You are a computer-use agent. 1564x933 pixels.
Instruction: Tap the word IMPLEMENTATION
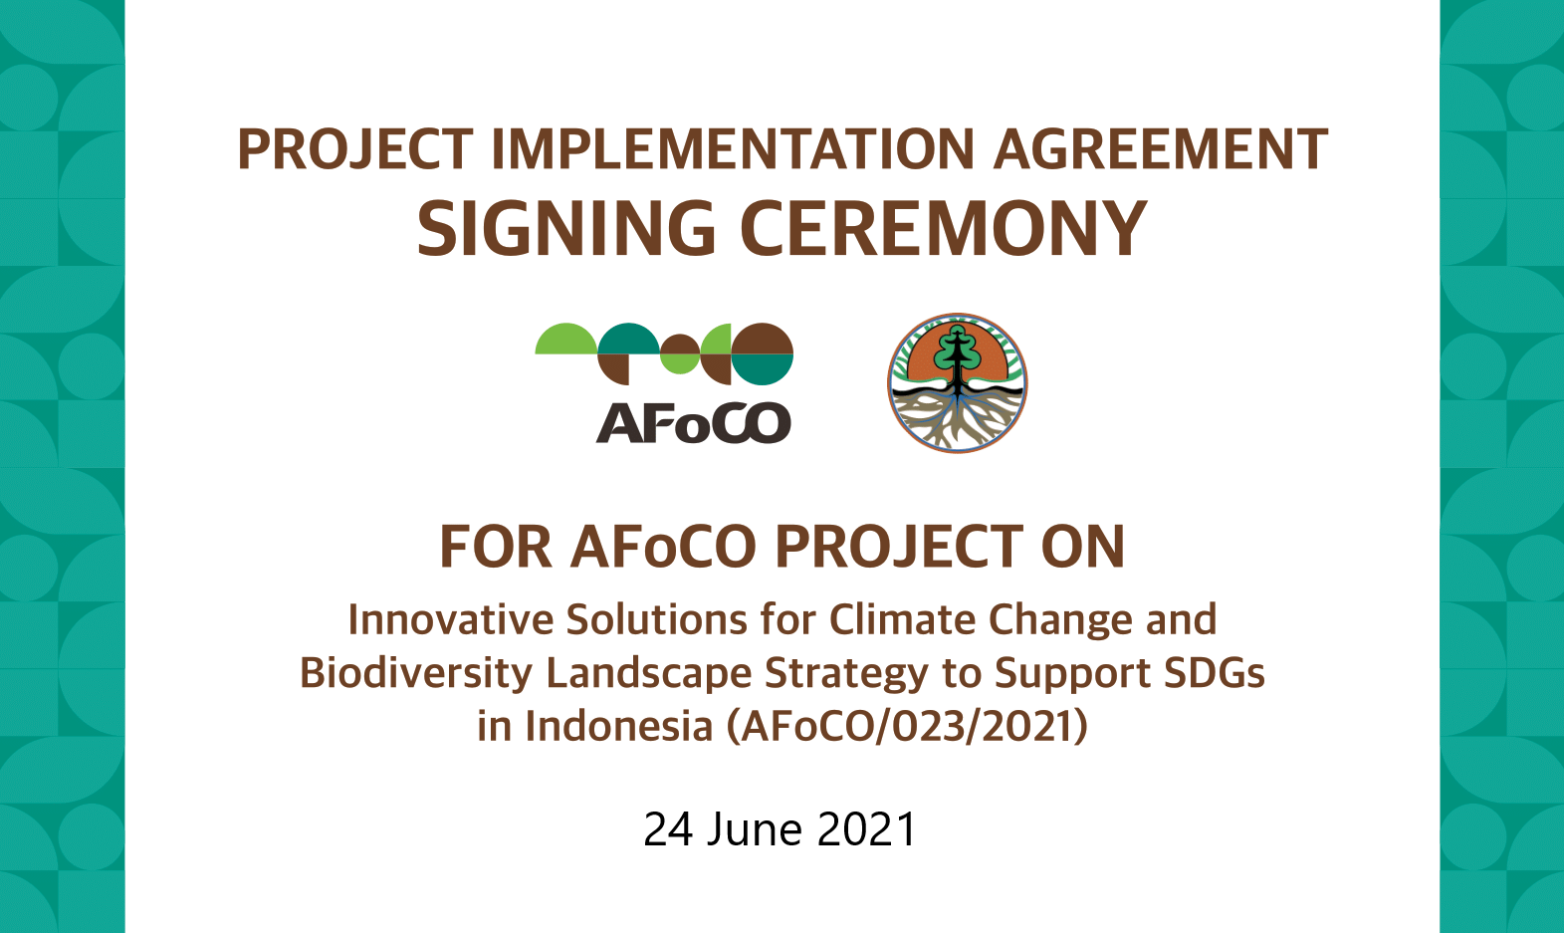733,149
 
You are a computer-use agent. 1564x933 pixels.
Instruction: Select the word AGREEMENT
1160,149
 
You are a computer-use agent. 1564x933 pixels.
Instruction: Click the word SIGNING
566,228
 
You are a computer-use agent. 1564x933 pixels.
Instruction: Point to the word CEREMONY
944,228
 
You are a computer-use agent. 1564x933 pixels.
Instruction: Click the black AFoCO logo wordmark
693,423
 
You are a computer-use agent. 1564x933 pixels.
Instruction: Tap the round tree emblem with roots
958,382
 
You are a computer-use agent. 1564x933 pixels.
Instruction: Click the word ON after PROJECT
1083,548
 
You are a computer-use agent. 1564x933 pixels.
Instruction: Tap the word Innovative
450,620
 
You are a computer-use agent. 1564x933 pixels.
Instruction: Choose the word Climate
902,620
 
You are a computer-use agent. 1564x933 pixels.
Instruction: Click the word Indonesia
618,726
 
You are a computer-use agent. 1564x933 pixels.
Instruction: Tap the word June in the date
755,829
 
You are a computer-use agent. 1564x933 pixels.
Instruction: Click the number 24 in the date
668,829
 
